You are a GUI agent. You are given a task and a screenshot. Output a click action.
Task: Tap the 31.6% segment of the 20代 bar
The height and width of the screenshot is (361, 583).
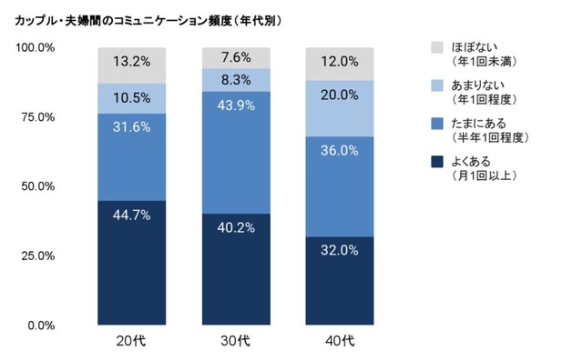pyautogui.click(x=131, y=156)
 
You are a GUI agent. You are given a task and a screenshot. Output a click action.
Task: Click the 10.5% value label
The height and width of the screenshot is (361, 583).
pyautogui.click(x=131, y=98)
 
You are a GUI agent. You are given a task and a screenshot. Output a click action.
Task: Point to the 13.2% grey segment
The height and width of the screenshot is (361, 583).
pyautogui.click(x=131, y=65)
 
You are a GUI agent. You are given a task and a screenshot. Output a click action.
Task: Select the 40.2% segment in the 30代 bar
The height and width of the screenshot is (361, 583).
pyautogui.click(x=236, y=269)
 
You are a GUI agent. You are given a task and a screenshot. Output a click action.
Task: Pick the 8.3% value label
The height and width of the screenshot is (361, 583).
pyautogui.click(x=236, y=79)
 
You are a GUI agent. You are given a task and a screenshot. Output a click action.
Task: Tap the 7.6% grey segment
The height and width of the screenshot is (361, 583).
pyautogui.click(x=236, y=56)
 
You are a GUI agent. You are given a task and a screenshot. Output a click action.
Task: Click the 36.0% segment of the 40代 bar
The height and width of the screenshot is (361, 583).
pyautogui.click(x=340, y=186)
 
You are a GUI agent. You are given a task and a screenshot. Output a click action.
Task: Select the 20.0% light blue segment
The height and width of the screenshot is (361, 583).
pyautogui.click(x=340, y=108)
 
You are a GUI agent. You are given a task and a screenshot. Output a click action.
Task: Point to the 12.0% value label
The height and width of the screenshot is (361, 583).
pyautogui.click(x=340, y=64)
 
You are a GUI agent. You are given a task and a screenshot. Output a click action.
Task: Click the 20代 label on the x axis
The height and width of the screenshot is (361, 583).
pyautogui.click(x=131, y=343)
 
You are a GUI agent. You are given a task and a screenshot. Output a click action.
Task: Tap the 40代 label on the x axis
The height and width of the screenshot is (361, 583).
pyautogui.click(x=340, y=343)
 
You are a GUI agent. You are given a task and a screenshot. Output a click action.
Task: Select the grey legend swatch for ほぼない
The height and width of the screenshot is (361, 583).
pyautogui.click(x=436, y=45)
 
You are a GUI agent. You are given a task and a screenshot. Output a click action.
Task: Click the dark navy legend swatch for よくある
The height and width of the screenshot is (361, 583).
pyautogui.click(x=436, y=163)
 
